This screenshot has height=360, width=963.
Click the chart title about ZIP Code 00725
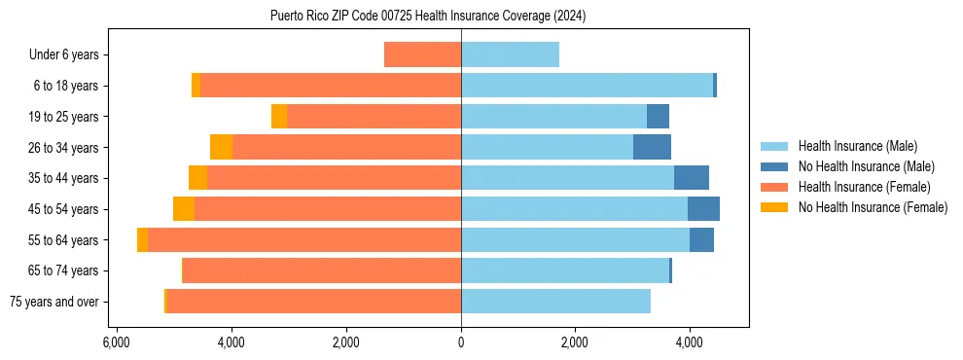[428, 16]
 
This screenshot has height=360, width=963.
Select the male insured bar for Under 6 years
[510, 54]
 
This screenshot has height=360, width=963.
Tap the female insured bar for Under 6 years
[422, 54]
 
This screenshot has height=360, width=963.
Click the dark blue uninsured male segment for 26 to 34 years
[652, 147]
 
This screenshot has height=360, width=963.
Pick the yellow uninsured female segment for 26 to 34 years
[221, 147]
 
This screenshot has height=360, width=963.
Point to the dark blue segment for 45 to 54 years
[703, 209]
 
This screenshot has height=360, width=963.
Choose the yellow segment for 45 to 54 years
[184, 209]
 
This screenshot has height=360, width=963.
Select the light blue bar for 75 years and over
[555, 302]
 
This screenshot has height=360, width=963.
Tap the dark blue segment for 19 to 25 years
[658, 117]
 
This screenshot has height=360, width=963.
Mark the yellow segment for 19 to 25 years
[279, 117]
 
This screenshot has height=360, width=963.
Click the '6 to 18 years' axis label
[65, 86]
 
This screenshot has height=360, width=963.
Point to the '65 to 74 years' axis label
[62, 270]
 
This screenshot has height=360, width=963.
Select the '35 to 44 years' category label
[62, 178]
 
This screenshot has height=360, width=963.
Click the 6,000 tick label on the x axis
[116, 342]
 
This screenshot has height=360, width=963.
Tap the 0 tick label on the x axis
[461, 342]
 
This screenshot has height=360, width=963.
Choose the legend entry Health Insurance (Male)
[857, 146]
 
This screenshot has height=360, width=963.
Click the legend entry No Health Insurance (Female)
[873, 207]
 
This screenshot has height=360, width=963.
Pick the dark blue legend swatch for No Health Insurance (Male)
[775, 166]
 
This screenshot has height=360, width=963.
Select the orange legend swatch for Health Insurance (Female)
[775, 187]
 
